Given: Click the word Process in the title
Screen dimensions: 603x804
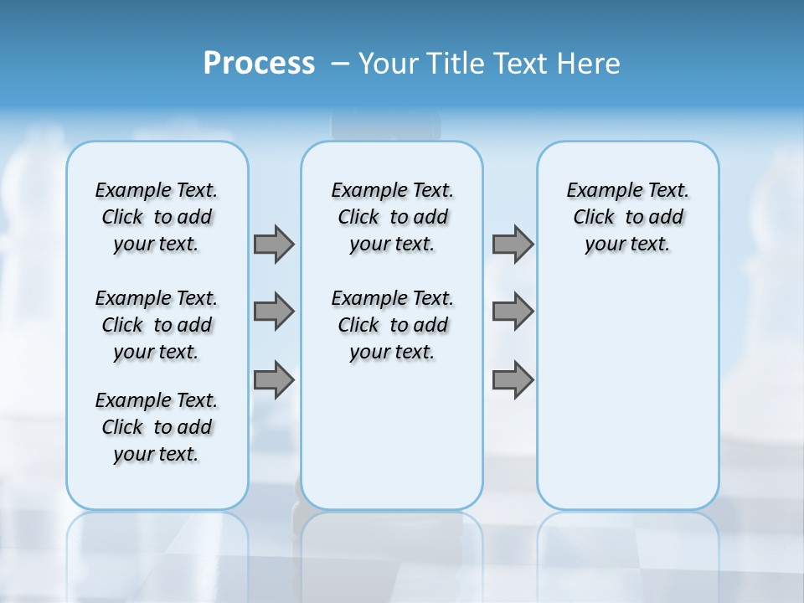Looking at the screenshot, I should pos(259,64).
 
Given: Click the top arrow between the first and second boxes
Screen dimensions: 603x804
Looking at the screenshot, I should pos(274,244).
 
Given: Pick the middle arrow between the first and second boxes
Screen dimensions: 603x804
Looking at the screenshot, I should pos(274,312).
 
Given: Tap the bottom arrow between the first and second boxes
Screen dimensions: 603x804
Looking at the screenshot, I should pos(274,380).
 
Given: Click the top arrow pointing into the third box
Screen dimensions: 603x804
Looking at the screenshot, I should pos(513,244).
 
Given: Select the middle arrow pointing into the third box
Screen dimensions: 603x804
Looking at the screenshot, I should pos(513,312).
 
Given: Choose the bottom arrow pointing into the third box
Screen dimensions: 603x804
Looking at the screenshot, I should pos(513,380).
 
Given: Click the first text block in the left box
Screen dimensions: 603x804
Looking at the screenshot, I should pos(157,217).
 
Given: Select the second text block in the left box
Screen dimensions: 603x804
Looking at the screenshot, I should pos(157,325).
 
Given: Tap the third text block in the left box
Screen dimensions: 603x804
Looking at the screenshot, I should pos(157,427).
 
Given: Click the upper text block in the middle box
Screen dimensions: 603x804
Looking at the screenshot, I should pos(392,217).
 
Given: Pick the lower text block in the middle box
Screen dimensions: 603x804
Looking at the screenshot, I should pos(392,325).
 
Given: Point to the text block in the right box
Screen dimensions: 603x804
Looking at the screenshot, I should pos(628,217).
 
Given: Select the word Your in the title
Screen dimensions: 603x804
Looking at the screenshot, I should pos(389,64).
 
